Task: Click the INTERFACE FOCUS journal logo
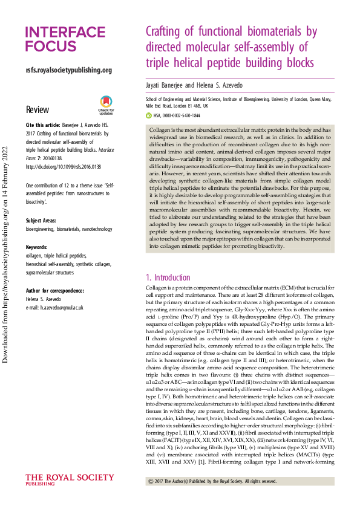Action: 65,39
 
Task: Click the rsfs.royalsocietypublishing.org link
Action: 69,70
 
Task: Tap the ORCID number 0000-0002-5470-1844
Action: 179,115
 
